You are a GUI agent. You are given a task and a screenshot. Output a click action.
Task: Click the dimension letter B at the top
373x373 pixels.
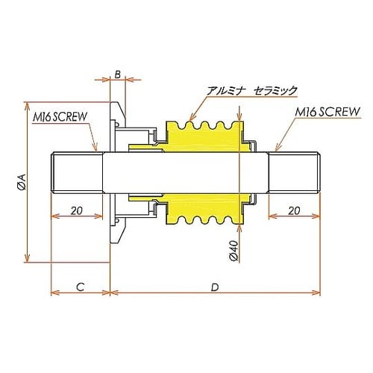click(x=117, y=74)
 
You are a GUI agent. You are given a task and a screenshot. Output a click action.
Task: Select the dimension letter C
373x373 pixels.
click(x=79, y=286)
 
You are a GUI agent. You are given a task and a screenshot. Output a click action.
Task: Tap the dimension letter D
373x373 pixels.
click(x=215, y=286)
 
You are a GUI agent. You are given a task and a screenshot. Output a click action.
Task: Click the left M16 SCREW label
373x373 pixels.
click(x=61, y=117)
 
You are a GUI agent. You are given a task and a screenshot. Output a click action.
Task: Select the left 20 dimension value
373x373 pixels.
click(x=76, y=210)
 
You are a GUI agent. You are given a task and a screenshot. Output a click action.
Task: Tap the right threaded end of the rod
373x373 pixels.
click(x=295, y=172)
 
